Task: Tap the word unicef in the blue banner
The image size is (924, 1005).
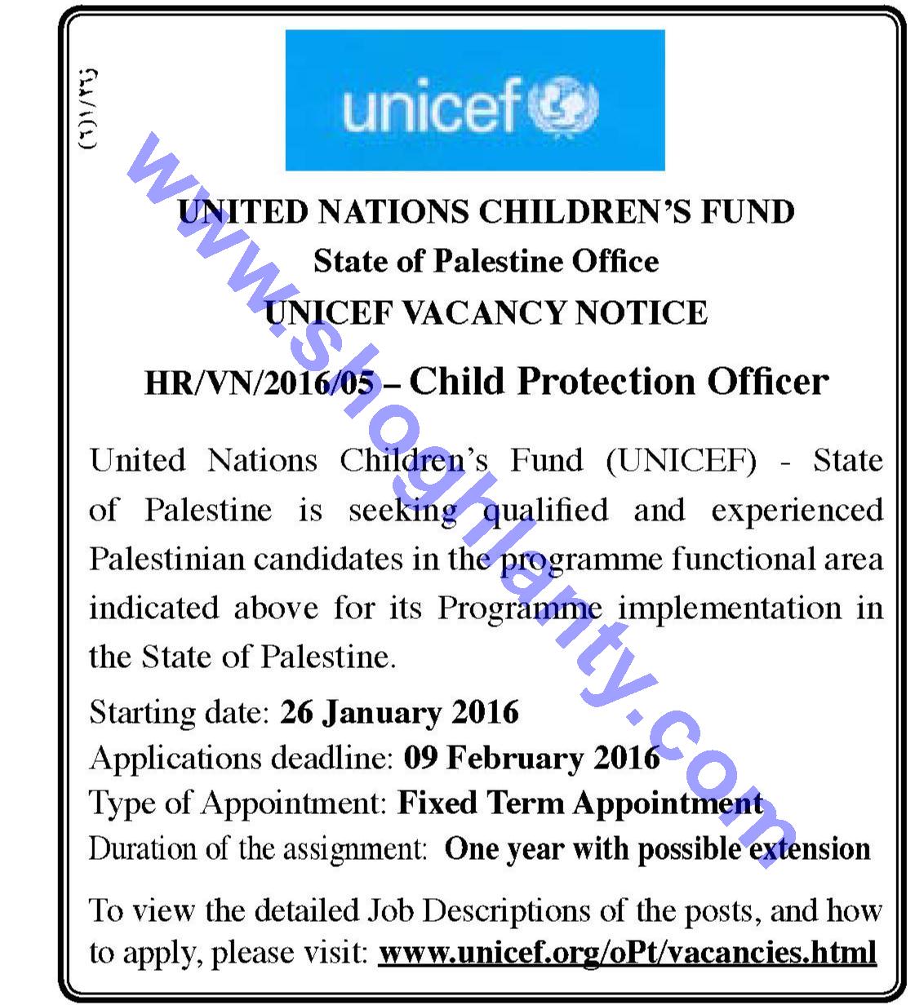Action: [431, 107]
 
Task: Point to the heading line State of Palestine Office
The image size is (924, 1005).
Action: [486, 261]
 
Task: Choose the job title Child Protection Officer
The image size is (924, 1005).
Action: [619, 381]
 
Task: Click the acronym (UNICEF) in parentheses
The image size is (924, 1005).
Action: [682, 461]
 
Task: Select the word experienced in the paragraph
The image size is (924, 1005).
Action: [797, 511]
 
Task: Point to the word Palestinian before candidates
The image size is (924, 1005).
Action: [167, 560]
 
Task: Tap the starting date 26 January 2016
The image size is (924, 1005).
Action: [399, 712]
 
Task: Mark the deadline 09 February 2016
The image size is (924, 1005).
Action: [531, 758]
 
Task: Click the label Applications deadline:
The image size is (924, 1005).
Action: [242, 758]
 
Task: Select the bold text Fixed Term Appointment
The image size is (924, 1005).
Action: [580, 803]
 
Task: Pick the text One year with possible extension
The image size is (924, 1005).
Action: [657, 848]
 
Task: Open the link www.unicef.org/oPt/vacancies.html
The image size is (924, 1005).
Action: [627, 952]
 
